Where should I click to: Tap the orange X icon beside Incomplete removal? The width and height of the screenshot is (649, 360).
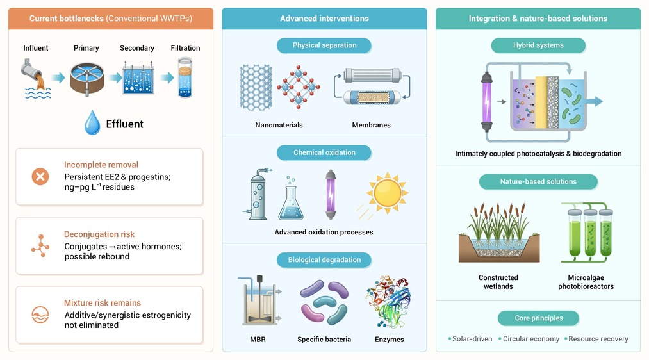click(40, 177)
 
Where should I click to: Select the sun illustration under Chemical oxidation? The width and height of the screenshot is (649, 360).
click(387, 193)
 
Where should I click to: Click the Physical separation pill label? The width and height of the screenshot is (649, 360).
click(324, 45)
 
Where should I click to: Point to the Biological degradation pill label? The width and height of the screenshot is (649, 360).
click(324, 260)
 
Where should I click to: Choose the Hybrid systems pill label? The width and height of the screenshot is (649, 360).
click(538, 45)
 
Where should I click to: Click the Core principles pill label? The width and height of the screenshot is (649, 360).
click(539, 318)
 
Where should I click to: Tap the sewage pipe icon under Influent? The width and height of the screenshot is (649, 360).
click(37, 79)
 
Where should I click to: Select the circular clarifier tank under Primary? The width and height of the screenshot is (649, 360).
click(87, 79)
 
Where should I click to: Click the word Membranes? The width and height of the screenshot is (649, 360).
click(372, 125)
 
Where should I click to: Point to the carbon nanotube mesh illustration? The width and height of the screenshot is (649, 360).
click(256, 87)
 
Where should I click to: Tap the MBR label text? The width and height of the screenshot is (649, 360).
click(258, 340)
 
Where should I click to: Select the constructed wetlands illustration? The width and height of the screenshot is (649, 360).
click(498, 233)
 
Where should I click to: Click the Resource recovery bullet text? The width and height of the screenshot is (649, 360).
click(598, 339)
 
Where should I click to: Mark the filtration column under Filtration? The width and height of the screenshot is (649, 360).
click(185, 78)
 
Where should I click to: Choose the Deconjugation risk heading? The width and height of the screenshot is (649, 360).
click(99, 234)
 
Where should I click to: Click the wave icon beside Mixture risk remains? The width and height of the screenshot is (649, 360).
click(40, 315)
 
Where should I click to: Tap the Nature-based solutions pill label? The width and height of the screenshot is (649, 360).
click(538, 182)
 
